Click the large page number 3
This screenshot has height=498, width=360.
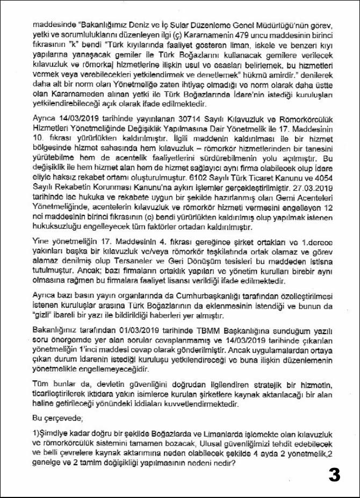(334, 474)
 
